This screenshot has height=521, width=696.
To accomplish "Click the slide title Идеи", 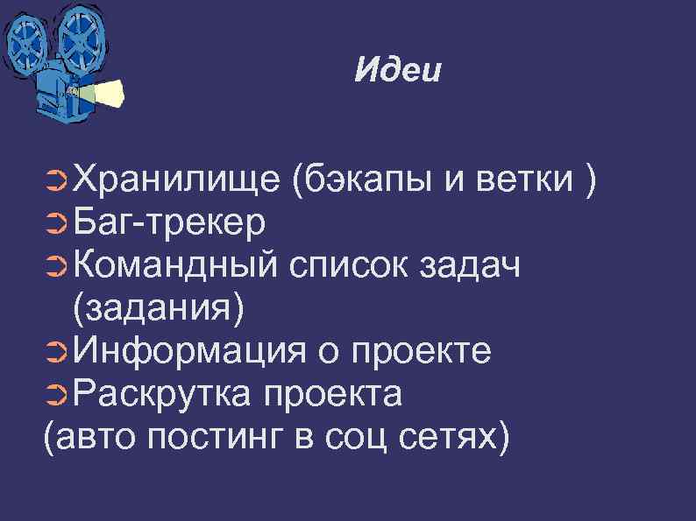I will pos(398,70).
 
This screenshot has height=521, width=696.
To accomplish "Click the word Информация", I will pos(189,351).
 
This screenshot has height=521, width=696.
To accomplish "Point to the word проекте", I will pos(420,353).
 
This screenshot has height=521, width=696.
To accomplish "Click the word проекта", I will pos(330,396).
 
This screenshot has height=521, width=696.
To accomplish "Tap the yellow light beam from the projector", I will pos(107,90).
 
